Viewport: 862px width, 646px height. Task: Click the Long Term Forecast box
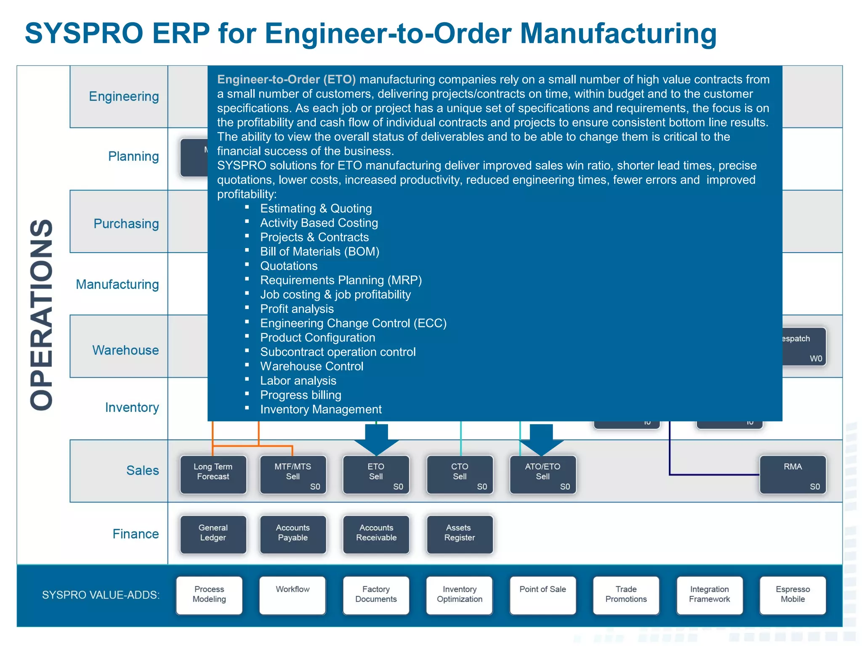point(213,474)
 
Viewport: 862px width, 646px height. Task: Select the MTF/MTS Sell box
point(293,474)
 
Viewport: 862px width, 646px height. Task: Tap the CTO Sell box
point(460,474)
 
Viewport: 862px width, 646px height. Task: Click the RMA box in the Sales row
point(793,474)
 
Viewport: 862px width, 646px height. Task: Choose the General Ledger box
point(213,534)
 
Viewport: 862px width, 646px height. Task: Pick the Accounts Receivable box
point(376,534)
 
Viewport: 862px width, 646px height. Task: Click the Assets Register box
point(460,534)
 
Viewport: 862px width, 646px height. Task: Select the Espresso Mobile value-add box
point(793,595)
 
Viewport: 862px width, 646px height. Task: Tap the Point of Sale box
point(543,595)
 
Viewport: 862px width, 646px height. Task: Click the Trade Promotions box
point(626,595)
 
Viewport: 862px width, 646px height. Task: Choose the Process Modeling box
point(209,595)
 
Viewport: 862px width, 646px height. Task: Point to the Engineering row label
point(124,96)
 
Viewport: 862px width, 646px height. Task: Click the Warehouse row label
point(125,350)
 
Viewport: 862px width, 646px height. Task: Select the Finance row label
point(136,534)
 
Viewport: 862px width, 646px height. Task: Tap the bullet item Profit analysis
point(297,309)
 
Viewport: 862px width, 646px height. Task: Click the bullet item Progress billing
point(301,395)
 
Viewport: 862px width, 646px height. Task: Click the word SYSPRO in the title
point(84,33)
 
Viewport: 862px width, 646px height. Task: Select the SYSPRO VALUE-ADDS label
point(101,595)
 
